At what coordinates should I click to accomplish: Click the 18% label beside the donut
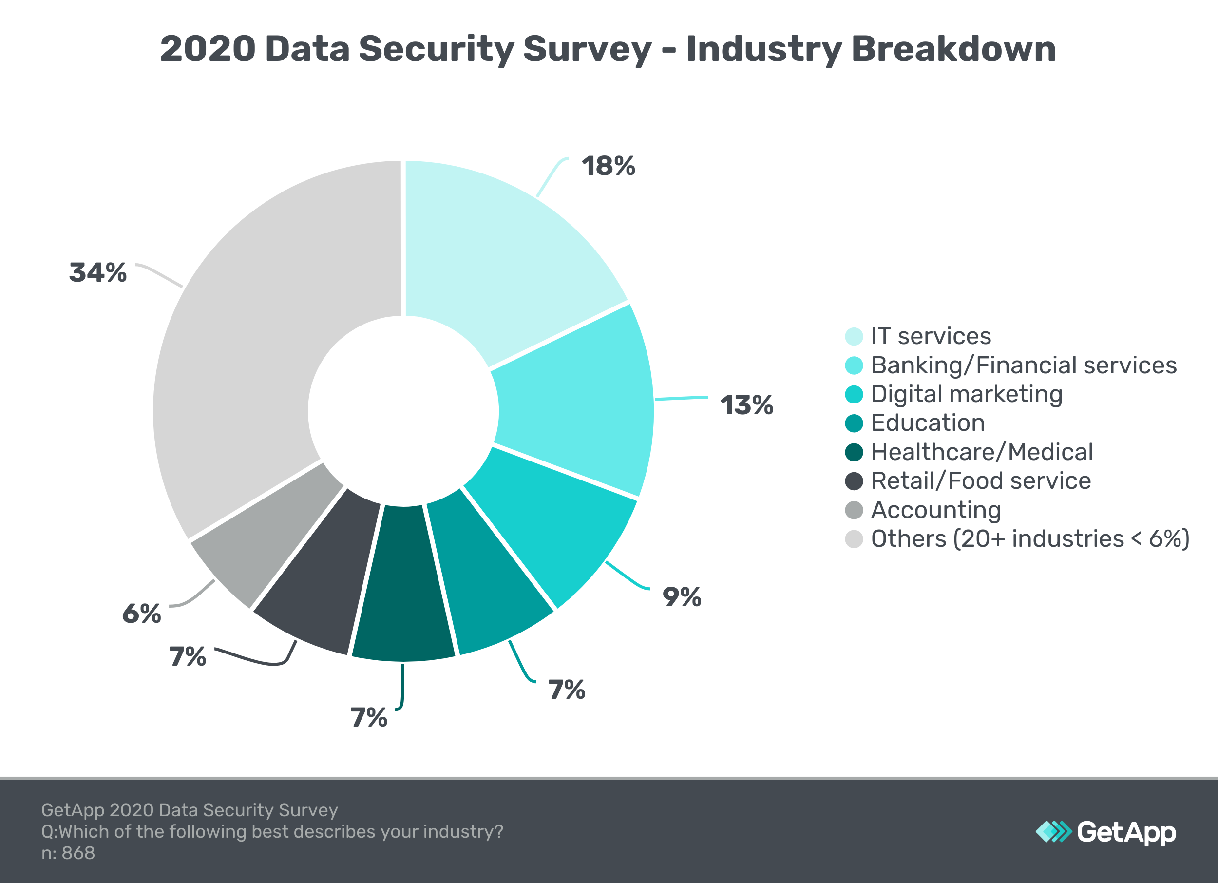pyautogui.click(x=608, y=166)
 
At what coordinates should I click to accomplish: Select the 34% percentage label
pyautogui.click(x=98, y=272)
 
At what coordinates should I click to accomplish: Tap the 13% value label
pyautogui.click(x=746, y=405)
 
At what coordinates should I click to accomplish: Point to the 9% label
pyautogui.click(x=682, y=597)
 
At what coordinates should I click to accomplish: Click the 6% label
pyautogui.click(x=141, y=614)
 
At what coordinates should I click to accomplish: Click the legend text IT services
pyautogui.click(x=931, y=336)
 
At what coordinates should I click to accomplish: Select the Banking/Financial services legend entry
pyautogui.click(x=1024, y=365)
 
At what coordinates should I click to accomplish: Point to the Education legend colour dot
pyautogui.click(x=854, y=423)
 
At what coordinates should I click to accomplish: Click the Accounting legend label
pyautogui.click(x=935, y=510)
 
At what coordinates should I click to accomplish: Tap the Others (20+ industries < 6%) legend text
pyautogui.click(x=1030, y=538)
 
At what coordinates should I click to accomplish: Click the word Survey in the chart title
pyautogui.click(x=587, y=49)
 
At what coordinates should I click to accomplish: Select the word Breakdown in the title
pyautogui.click(x=953, y=49)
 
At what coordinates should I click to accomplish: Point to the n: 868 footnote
pyautogui.click(x=68, y=853)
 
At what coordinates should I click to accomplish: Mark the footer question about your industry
pyautogui.click(x=272, y=831)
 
